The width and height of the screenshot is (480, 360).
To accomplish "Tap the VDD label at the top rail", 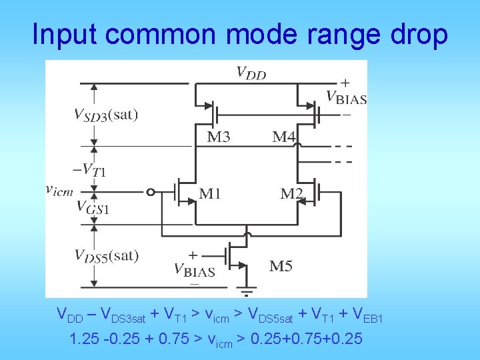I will click(251, 73).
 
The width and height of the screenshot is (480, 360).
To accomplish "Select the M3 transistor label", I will click(219, 137).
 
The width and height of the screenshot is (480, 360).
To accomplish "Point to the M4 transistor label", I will click(284, 137).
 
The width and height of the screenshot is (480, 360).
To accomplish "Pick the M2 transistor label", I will click(291, 194).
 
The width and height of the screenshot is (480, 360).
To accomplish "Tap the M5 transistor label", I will click(281, 267).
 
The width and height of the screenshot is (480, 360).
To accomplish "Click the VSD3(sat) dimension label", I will click(106, 115).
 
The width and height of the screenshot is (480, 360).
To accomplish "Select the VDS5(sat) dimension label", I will click(106, 255).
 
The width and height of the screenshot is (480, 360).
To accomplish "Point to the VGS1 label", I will click(93, 207).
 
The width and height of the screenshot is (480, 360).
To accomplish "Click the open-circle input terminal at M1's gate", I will click(151, 193).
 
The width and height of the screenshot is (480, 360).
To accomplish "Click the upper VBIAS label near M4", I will click(346, 98).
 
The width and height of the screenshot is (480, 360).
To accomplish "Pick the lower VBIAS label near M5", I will click(194, 270).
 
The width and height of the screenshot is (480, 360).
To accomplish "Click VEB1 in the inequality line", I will click(368, 314).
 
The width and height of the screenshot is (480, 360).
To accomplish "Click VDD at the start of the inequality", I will click(68, 314).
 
